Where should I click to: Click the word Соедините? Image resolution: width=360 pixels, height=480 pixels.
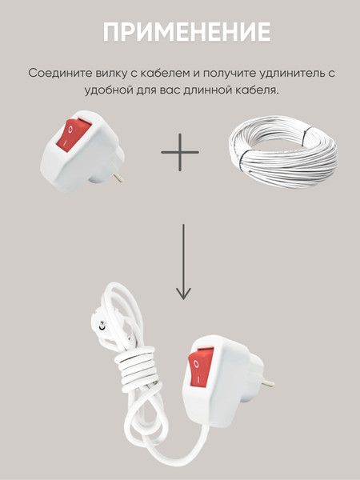point(57,73)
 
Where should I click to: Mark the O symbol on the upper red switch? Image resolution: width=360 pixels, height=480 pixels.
point(70,129)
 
